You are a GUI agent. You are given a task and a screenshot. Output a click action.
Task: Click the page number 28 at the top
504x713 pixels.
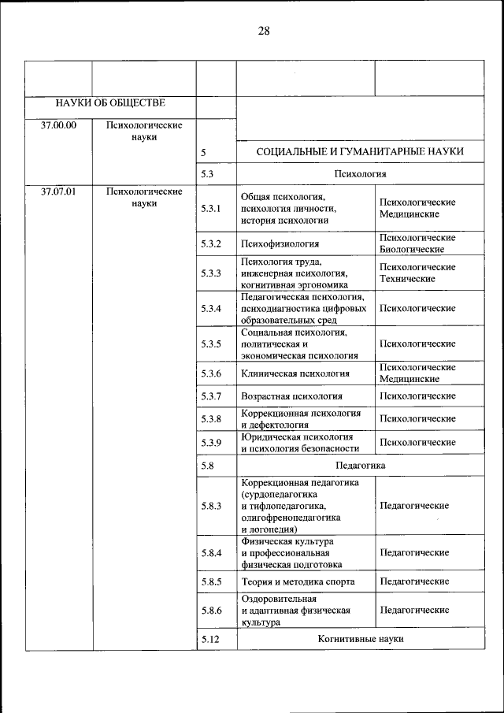[x=263, y=31]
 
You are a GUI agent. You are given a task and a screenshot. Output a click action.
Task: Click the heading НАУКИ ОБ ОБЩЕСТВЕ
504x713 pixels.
[x=110, y=102]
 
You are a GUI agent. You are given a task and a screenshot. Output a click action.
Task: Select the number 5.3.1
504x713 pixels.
[x=211, y=209]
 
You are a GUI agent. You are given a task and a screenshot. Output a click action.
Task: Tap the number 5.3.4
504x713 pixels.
[x=211, y=308]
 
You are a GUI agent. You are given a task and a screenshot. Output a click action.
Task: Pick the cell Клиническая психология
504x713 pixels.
[x=295, y=373]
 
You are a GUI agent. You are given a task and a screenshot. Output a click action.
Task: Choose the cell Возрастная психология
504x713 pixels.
[x=291, y=395]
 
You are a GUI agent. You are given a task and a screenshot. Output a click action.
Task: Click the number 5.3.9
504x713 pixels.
[x=211, y=443]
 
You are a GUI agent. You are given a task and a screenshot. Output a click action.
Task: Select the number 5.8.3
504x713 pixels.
[x=211, y=506]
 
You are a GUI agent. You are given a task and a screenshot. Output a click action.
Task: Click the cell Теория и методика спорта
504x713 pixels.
[x=298, y=581]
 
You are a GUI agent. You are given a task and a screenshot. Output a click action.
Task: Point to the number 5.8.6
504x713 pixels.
[x=211, y=610]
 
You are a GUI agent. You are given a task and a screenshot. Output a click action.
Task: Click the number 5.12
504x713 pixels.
[x=209, y=639]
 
